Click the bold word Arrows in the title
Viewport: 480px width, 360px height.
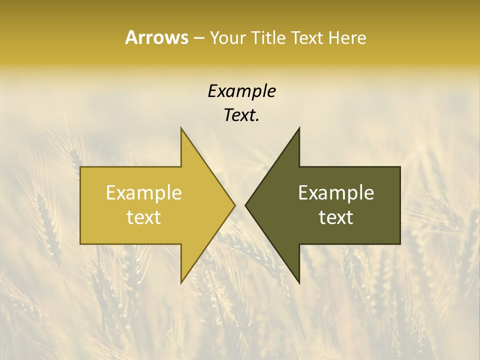click(x=156, y=37)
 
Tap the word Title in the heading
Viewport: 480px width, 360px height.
click(x=267, y=38)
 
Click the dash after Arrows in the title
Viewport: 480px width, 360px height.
click(x=198, y=38)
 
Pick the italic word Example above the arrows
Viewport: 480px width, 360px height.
click(x=241, y=91)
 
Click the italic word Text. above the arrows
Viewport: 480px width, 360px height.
click(x=241, y=115)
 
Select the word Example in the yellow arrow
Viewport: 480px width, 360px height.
click(x=144, y=192)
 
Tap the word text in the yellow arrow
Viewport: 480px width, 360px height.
click(x=144, y=217)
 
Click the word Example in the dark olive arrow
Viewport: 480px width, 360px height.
click(x=336, y=192)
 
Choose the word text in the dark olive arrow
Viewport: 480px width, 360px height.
click(x=336, y=217)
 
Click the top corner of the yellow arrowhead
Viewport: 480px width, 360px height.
click(x=181, y=128)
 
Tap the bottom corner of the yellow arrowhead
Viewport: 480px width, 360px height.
click(x=181, y=282)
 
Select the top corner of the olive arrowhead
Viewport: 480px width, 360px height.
click(x=299, y=128)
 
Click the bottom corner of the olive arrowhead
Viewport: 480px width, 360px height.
click(x=299, y=282)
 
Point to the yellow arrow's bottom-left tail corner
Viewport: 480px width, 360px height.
click(x=81, y=243)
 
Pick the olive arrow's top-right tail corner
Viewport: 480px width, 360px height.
click(x=399, y=167)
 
